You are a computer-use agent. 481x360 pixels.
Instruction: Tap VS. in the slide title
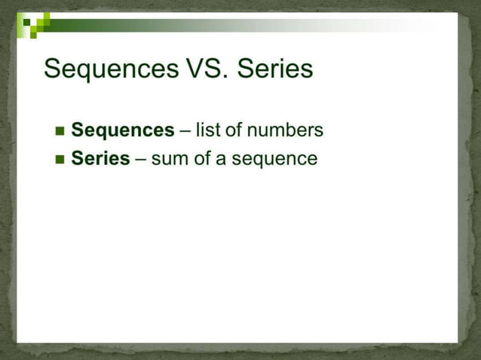point(205,69)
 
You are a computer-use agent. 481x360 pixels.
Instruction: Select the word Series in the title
point(274,69)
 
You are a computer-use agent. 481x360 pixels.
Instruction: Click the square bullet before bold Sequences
point(60,132)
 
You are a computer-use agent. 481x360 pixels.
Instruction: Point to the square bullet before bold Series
point(60,160)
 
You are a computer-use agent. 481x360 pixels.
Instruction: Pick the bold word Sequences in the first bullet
point(122,131)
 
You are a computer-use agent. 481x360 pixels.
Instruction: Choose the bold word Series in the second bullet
point(100,159)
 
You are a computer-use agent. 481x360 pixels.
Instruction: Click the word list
point(207,131)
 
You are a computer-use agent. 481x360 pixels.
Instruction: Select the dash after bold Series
point(140,160)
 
